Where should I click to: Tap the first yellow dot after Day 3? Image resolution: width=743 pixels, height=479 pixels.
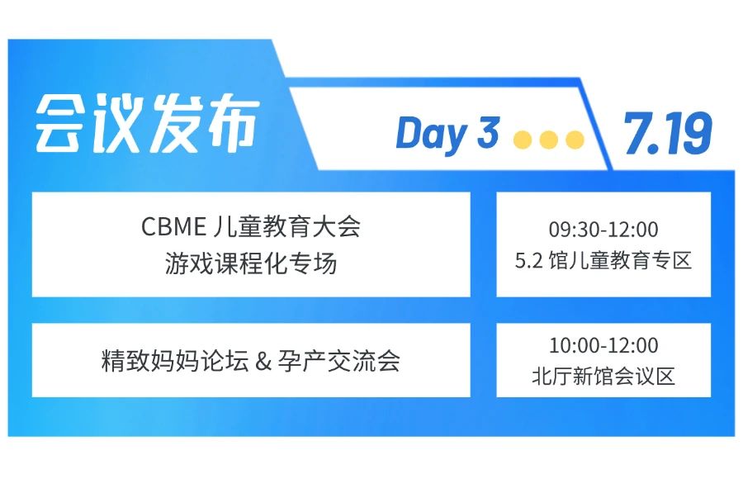click(x=523, y=140)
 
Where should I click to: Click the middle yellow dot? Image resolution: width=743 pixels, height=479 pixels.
click(x=549, y=140)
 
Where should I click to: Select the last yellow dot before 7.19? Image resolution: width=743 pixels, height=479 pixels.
click(x=575, y=140)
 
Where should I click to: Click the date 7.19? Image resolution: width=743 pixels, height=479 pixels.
click(x=668, y=133)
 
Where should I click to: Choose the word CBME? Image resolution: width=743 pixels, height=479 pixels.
click(x=173, y=226)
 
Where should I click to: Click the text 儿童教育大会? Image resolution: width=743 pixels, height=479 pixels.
click(x=286, y=225)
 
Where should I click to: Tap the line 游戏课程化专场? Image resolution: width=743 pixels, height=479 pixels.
click(x=251, y=263)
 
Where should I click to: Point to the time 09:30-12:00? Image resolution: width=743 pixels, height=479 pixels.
click(x=603, y=230)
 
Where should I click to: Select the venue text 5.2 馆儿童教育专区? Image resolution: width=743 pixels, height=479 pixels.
click(x=603, y=260)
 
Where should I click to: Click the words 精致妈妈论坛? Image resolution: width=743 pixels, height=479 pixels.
click(x=175, y=361)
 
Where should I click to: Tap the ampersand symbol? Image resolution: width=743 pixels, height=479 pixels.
click(x=263, y=362)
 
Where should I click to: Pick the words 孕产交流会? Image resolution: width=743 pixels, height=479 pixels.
click(x=338, y=361)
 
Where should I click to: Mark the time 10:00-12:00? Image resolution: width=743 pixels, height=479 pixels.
click(x=603, y=345)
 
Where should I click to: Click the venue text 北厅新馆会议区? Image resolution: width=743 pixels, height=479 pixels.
click(x=603, y=377)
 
